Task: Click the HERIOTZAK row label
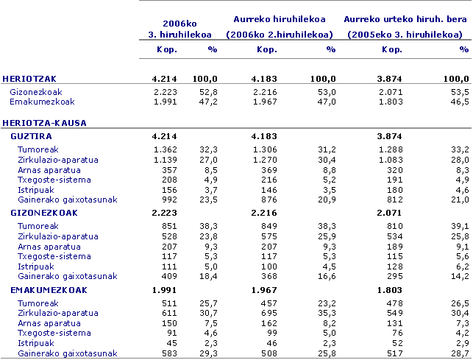29,78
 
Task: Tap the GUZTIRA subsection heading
31,136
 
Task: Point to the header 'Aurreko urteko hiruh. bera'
406,20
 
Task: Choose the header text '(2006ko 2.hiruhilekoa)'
279,35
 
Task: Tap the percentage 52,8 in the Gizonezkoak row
210,91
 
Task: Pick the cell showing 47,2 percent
210,102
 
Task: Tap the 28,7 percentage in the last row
460,353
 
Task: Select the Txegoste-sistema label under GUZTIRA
54,180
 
